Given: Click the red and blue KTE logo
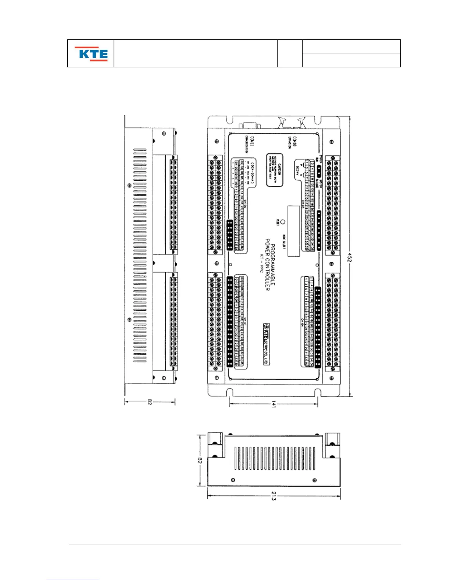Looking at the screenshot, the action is click(91, 54).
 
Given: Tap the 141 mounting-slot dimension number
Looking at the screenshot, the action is click(274, 404).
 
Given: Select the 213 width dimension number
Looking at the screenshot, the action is click(274, 497).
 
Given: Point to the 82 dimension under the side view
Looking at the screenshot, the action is click(149, 402).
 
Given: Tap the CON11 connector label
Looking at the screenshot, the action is click(252, 142).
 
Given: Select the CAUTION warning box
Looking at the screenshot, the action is click(275, 170).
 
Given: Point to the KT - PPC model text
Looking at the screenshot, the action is click(262, 263).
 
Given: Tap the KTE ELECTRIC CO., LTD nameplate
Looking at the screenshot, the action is click(267, 344).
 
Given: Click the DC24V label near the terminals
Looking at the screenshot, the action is click(297, 170).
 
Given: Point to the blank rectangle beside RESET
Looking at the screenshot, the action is click(293, 231).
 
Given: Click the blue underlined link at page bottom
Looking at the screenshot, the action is click(73, 580).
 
